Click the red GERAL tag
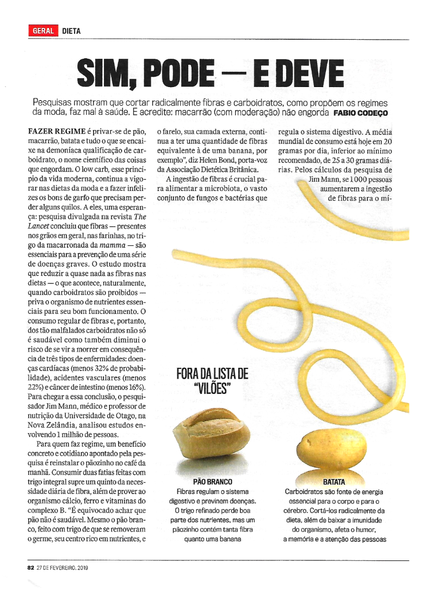tap(44, 31)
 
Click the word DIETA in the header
tap(71, 31)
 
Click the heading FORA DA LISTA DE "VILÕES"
tap(212, 381)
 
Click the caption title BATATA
tap(334, 482)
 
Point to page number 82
tap(30, 567)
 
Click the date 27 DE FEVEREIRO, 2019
tap(62, 567)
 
